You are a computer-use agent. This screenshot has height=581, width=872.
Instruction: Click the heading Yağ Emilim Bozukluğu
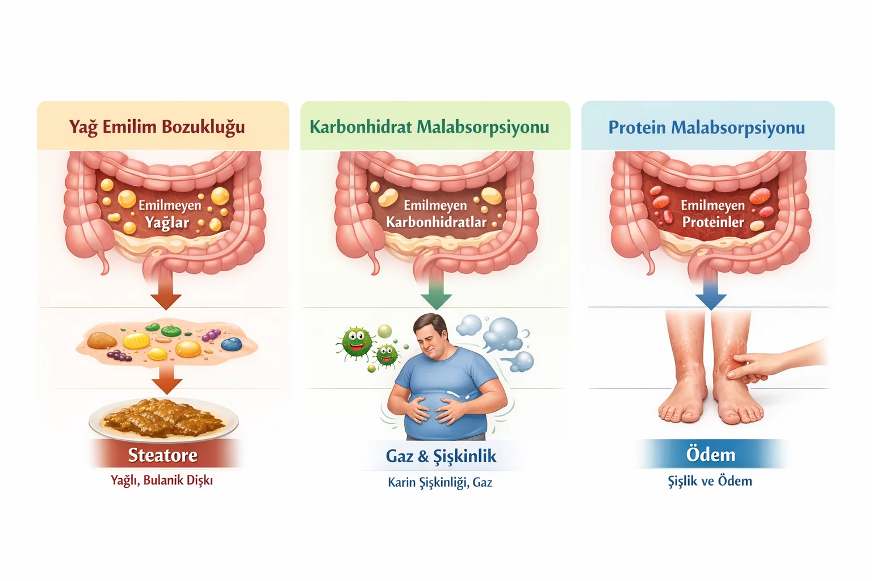[157, 127]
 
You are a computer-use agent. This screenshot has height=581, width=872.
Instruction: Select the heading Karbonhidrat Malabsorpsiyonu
[429, 127]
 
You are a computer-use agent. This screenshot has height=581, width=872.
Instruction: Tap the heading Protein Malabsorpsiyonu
[707, 128]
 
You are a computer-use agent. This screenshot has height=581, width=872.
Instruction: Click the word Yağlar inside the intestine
[167, 222]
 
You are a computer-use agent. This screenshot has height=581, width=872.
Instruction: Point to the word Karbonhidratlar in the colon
[437, 222]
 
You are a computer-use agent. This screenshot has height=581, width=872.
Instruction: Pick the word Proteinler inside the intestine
[713, 222]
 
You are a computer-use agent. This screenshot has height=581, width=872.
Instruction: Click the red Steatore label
[163, 454]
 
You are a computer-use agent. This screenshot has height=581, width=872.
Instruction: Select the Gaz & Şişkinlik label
[441, 456]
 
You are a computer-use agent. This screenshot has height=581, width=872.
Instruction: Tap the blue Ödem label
[710, 454]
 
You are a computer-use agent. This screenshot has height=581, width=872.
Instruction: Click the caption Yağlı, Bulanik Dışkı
[162, 480]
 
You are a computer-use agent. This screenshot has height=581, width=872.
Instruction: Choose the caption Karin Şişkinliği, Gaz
[440, 482]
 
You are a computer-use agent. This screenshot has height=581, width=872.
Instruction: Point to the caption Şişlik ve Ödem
[710, 481]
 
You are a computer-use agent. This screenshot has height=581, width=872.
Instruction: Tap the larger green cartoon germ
[355, 343]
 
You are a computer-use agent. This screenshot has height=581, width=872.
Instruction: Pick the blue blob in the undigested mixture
[231, 344]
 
